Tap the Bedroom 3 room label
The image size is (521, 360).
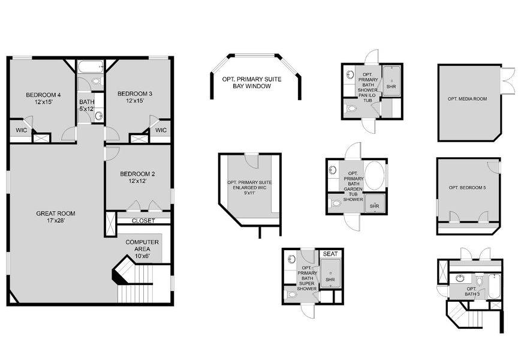[x=135, y=97]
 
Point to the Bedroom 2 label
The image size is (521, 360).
[x=137, y=176]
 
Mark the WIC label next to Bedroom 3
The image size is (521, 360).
[x=161, y=130]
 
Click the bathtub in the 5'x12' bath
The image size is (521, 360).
[x=91, y=67]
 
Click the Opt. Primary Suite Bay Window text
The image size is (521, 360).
[x=252, y=83]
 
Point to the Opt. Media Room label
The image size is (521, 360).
[x=467, y=98]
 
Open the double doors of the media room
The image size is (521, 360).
[x=508, y=80]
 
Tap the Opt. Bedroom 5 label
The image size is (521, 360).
[x=467, y=188]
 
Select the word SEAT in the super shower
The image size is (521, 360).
[x=330, y=254]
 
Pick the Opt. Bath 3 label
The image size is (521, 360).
[x=472, y=291]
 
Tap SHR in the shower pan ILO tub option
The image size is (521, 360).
[x=391, y=86]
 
